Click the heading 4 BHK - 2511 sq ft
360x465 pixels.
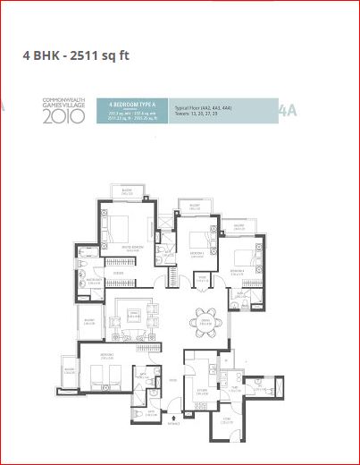tap(76, 55)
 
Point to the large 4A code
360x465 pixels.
tap(288, 110)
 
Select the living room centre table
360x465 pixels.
tap(132, 315)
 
